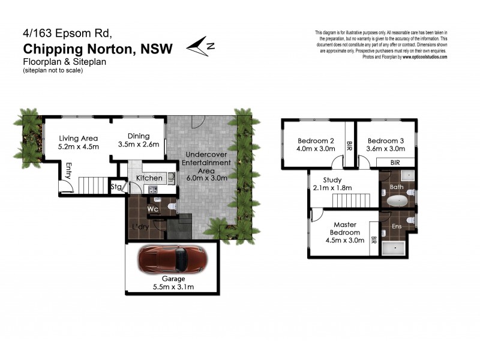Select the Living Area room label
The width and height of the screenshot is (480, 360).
point(78,142)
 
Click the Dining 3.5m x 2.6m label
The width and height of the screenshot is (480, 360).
point(138,140)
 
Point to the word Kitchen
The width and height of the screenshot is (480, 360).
point(149,178)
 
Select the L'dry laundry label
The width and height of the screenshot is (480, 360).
point(140,227)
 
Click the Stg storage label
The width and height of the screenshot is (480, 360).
point(116,187)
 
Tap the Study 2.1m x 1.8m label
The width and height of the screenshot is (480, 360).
point(332,184)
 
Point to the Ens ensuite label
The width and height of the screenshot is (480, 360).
point(397,227)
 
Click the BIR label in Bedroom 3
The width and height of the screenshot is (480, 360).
point(395,162)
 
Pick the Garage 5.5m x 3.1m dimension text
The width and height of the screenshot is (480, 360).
point(173,283)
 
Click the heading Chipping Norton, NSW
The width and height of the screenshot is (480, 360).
point(97,50)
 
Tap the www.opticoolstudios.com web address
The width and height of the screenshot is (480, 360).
point(424,57)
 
